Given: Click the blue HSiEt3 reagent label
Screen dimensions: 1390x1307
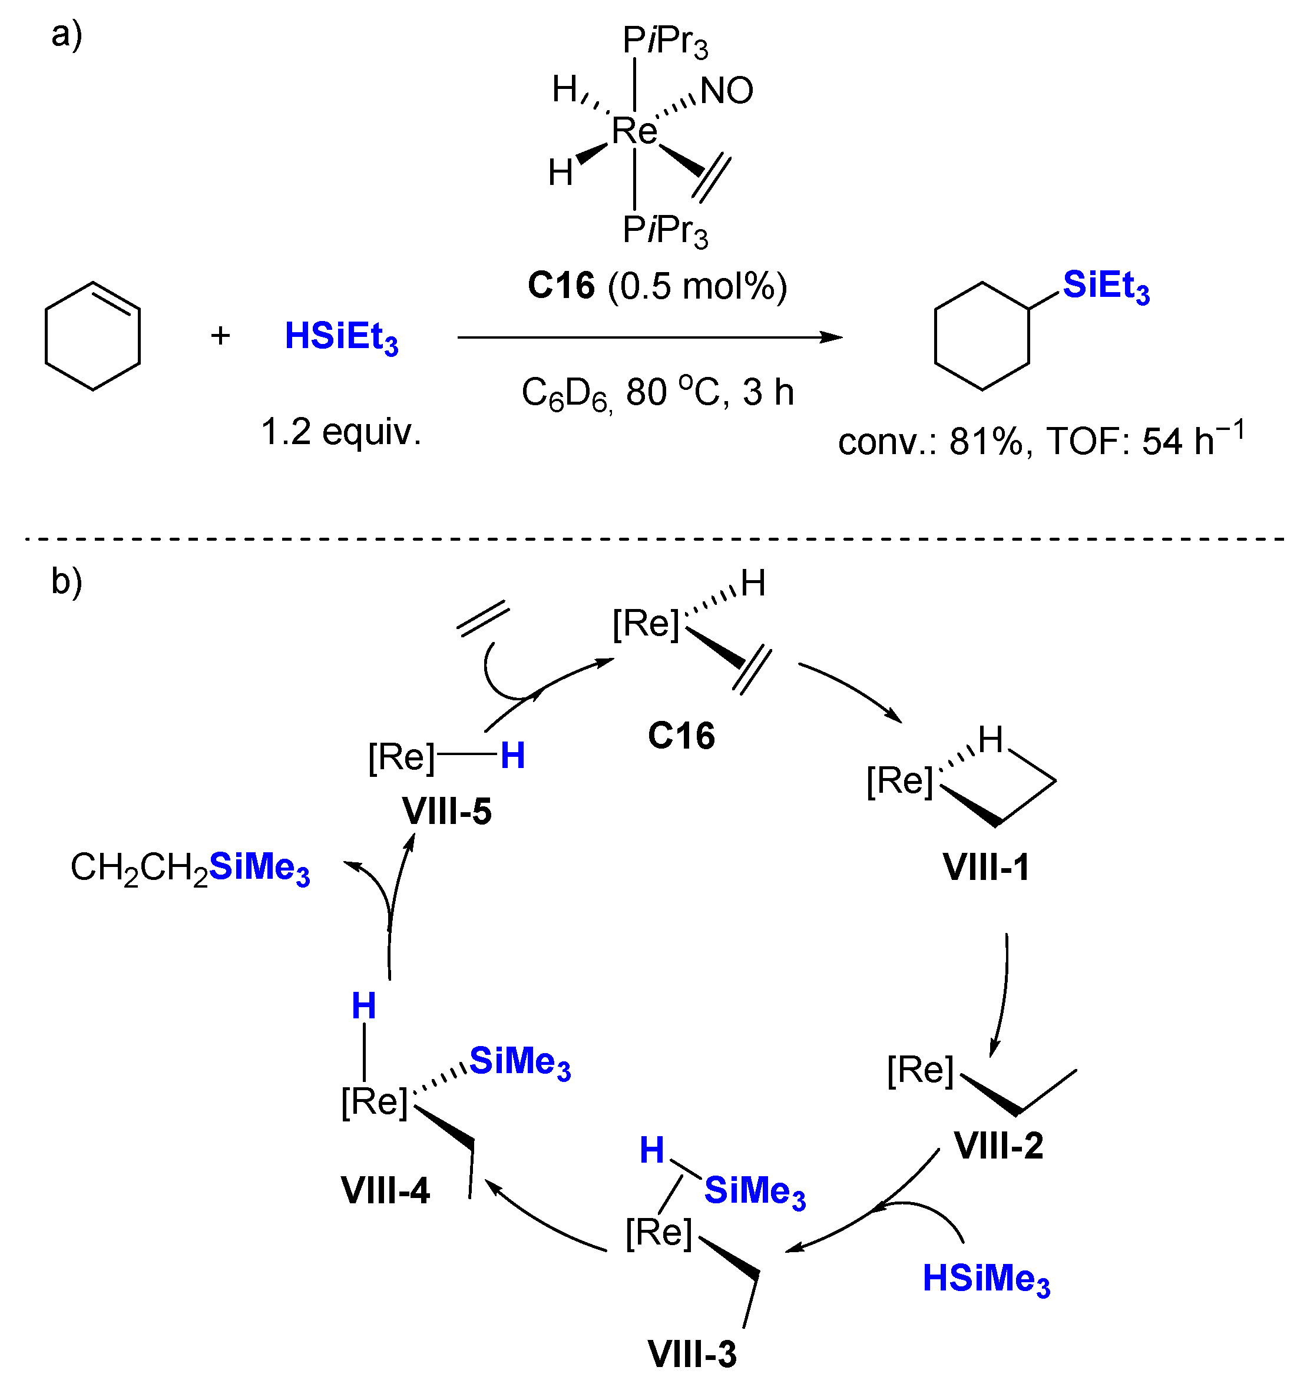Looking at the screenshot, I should click(x=340, y=337).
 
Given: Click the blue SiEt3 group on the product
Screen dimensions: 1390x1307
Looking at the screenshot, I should click(x=1105, y=287).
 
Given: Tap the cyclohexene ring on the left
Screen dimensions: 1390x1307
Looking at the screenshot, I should click(x=92, y=336).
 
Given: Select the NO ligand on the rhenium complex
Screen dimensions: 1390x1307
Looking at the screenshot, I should click(x=727, y=91).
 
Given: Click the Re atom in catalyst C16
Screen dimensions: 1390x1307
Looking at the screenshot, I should click(x=634, y=131).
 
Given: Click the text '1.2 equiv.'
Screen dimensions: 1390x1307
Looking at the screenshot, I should click(x=340, y=432).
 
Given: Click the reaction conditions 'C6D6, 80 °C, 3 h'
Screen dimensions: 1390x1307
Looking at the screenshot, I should click(x=657, y=393).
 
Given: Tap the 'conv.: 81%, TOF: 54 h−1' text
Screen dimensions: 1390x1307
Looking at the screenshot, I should click(x=1041, y=441).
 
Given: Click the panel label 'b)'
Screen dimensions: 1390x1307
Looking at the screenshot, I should click(x=67, y=580).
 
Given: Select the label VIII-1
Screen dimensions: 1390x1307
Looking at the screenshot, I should click(x=985, y=868).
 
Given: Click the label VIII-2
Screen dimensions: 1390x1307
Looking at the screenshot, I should click(x=998, y=1146).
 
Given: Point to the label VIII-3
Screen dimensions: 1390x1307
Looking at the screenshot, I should click(x=691, y=1353).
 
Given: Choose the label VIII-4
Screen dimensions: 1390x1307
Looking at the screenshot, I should click(x=385, y=1190).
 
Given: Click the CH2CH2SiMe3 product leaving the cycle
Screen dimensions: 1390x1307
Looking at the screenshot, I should click(x=190, y=868).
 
